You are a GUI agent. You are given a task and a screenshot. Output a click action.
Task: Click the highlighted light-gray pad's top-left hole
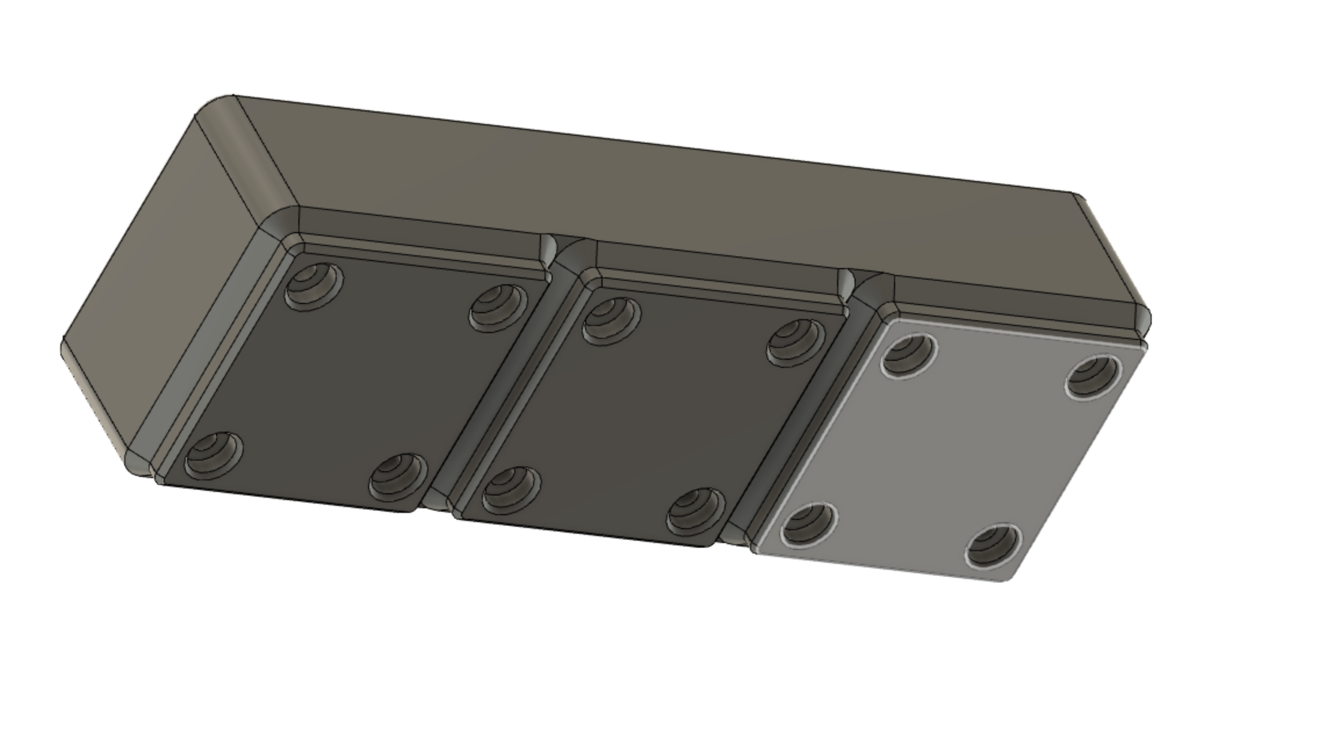pyautogui.click(x=909, y=354)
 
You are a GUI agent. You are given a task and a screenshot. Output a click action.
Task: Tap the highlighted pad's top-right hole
pyautogui.click(x=1094, y=377)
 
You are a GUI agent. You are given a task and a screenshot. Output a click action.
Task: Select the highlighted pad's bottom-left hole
pyautogui.click(x=809, y=524)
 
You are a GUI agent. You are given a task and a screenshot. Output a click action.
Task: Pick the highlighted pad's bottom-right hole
pyautogui.click(x=993, y=545)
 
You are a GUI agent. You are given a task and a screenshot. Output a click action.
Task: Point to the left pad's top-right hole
pyautogui.click(x=498, y=307)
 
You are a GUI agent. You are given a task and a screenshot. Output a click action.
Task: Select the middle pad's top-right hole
pyautogui.click(x=796, y=342)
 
